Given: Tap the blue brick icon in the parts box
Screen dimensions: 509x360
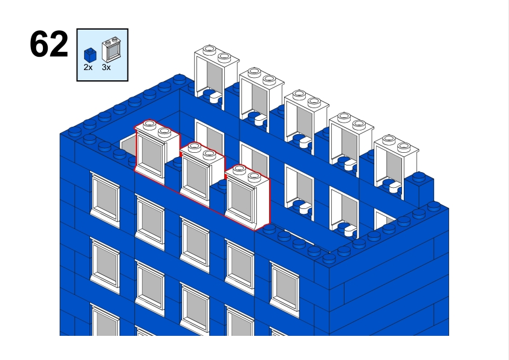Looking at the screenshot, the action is click(90, 55).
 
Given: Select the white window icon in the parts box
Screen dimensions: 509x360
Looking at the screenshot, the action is click(111, 50).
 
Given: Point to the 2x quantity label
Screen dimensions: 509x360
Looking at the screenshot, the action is click(88, 67).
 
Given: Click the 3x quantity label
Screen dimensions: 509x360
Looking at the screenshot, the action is click(106, 67).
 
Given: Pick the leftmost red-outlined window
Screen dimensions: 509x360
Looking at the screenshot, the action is click(157, 152).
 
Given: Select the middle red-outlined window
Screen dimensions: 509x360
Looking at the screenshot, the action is click(202, 174).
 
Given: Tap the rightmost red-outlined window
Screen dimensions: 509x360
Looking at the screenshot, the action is click(247, 196).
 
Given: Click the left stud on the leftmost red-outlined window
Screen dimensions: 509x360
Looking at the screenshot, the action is click(149, 124).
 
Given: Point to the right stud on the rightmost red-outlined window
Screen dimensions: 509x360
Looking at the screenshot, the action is click(254, 177).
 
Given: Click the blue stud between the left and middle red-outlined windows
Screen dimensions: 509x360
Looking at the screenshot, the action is click(177, 161).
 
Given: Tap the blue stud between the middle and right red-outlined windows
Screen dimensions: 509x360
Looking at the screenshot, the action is click(222, 184).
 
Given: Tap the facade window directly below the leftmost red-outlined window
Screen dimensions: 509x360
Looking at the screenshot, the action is click(150, 220).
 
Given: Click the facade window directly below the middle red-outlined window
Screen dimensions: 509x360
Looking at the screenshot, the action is click(195, 243).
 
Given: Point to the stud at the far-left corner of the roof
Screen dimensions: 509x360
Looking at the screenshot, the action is click(75, 131).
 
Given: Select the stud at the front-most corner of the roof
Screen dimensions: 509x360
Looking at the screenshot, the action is click(329, 258).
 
